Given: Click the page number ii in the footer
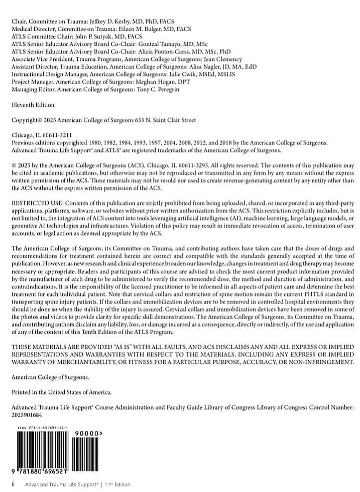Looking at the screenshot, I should [x=14, y=484].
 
